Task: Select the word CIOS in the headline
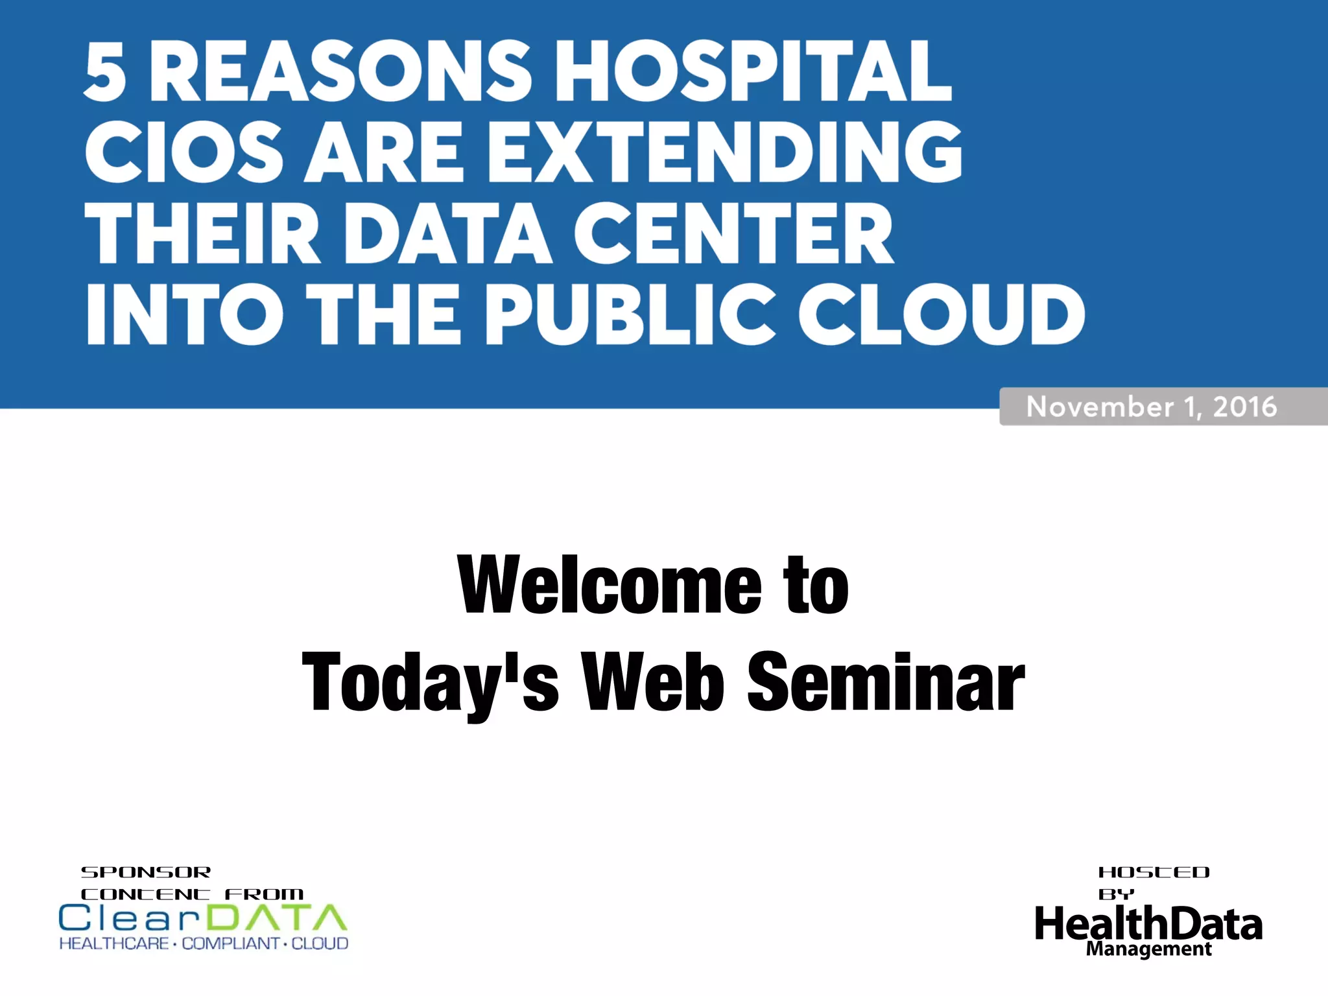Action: pos(184,152)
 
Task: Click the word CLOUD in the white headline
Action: pos(941,315)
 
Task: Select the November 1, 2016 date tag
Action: pos(1152,407)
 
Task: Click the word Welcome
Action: pos(610,586)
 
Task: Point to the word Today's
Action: pos(430,683)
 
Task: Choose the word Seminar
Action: pos(886,683)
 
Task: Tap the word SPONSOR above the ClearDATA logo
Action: pos(146,872)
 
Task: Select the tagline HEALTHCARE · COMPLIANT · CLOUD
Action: pos(204,943)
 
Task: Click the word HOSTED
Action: pos(1154,872)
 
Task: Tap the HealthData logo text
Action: pos(1148,923)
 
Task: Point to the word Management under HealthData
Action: pos(1148,949)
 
